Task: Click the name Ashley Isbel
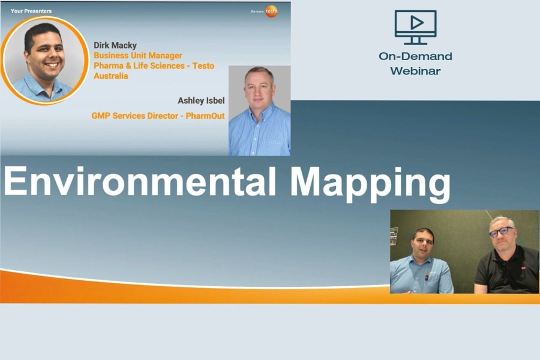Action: point(201,101)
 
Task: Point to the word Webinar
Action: point(415,71)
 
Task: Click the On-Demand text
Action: point(415,56)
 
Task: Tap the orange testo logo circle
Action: point(272,11)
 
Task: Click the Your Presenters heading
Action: point(31,11)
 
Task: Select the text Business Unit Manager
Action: point(138,56)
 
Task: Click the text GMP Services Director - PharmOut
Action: point(158,116)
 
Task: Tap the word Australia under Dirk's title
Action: point(111,76)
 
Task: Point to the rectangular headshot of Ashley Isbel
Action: point(259,111)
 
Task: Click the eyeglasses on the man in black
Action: point(502,231)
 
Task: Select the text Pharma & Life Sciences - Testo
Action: point(154,66)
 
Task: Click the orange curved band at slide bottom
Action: point(180,291)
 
